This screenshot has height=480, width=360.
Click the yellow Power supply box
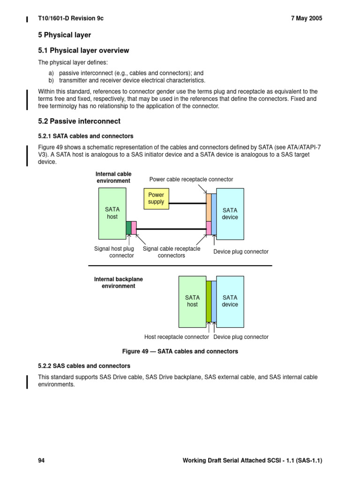coord(156,198)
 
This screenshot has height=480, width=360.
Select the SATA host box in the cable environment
coord(112,213)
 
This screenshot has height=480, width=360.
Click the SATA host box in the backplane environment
coord(192,301)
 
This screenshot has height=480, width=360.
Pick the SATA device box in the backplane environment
coord(230,301)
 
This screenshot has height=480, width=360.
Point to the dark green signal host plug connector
coord(129,228)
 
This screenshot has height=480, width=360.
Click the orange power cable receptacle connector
coord(209,207)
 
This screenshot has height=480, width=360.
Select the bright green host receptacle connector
coord(209,301)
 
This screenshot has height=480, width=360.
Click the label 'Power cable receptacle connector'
coord(191,180)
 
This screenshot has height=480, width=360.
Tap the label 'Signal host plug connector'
coord(114,252)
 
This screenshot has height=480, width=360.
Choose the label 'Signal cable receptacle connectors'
coord(171,252)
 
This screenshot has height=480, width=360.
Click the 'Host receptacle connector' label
coord(177,337)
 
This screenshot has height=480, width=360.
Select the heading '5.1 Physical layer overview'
coord(83,51)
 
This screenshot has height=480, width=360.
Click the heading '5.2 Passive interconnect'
coord(79,121)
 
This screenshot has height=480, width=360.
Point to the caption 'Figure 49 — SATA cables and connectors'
coord(180,351)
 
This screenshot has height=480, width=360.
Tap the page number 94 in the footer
coord(41,461)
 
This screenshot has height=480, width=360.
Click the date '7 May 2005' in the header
coord(307,18)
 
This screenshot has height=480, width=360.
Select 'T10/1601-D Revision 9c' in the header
coord(71,18)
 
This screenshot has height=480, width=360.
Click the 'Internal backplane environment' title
coord(119,283)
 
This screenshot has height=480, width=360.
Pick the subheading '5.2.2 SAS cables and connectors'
coord(84,366)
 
